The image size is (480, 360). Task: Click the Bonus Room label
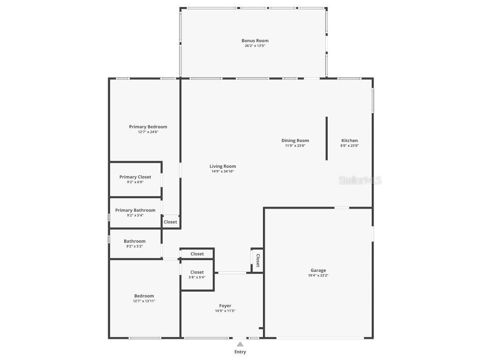pos(255,41)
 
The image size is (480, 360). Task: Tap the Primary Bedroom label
pos(148,127)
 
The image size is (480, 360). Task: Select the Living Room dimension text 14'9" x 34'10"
pos(223,172)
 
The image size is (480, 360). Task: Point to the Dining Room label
pos(295,141)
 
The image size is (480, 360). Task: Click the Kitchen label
pos(350,141)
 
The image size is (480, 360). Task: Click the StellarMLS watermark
pos(360,180)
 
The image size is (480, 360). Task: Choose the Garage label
pos(318,270)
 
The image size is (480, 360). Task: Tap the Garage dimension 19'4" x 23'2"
pos(318,276)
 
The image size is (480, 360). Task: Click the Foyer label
pos(225,306)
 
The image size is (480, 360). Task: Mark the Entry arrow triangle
pos(240,344)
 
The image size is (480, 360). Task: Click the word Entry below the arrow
pos(240,352)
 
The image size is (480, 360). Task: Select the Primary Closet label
pos(135,177)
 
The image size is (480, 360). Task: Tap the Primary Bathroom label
pos(135,210)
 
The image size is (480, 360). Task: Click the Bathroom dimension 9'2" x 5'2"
pos(135,247)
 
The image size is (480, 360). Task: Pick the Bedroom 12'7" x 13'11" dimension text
pos(144,301)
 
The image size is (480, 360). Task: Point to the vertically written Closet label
pos(257,260)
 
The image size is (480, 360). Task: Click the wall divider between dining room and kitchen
pos(327,138)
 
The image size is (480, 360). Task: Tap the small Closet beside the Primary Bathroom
pos(171,222)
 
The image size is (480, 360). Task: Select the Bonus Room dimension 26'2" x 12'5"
pos(255,46)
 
